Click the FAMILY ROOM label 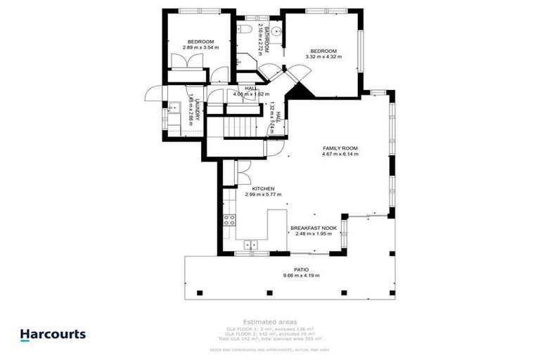coord(340,148)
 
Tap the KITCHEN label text coord(255,189)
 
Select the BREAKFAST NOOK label coord(314,228)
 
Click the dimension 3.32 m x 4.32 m coord(326,57)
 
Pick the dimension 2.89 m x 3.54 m coord(200,47)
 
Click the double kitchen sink coord(251,245)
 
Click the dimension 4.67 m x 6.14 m coord(340,155)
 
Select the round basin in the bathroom coord(277,30)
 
